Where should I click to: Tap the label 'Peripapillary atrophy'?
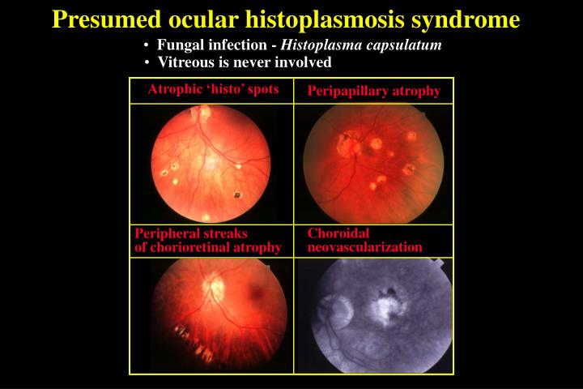[373, 91]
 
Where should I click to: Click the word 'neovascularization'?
[364, 246]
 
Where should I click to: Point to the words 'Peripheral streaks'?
[190, 233]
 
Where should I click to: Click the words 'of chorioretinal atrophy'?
[207, 246]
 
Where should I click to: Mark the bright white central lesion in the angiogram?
[381, 306]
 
